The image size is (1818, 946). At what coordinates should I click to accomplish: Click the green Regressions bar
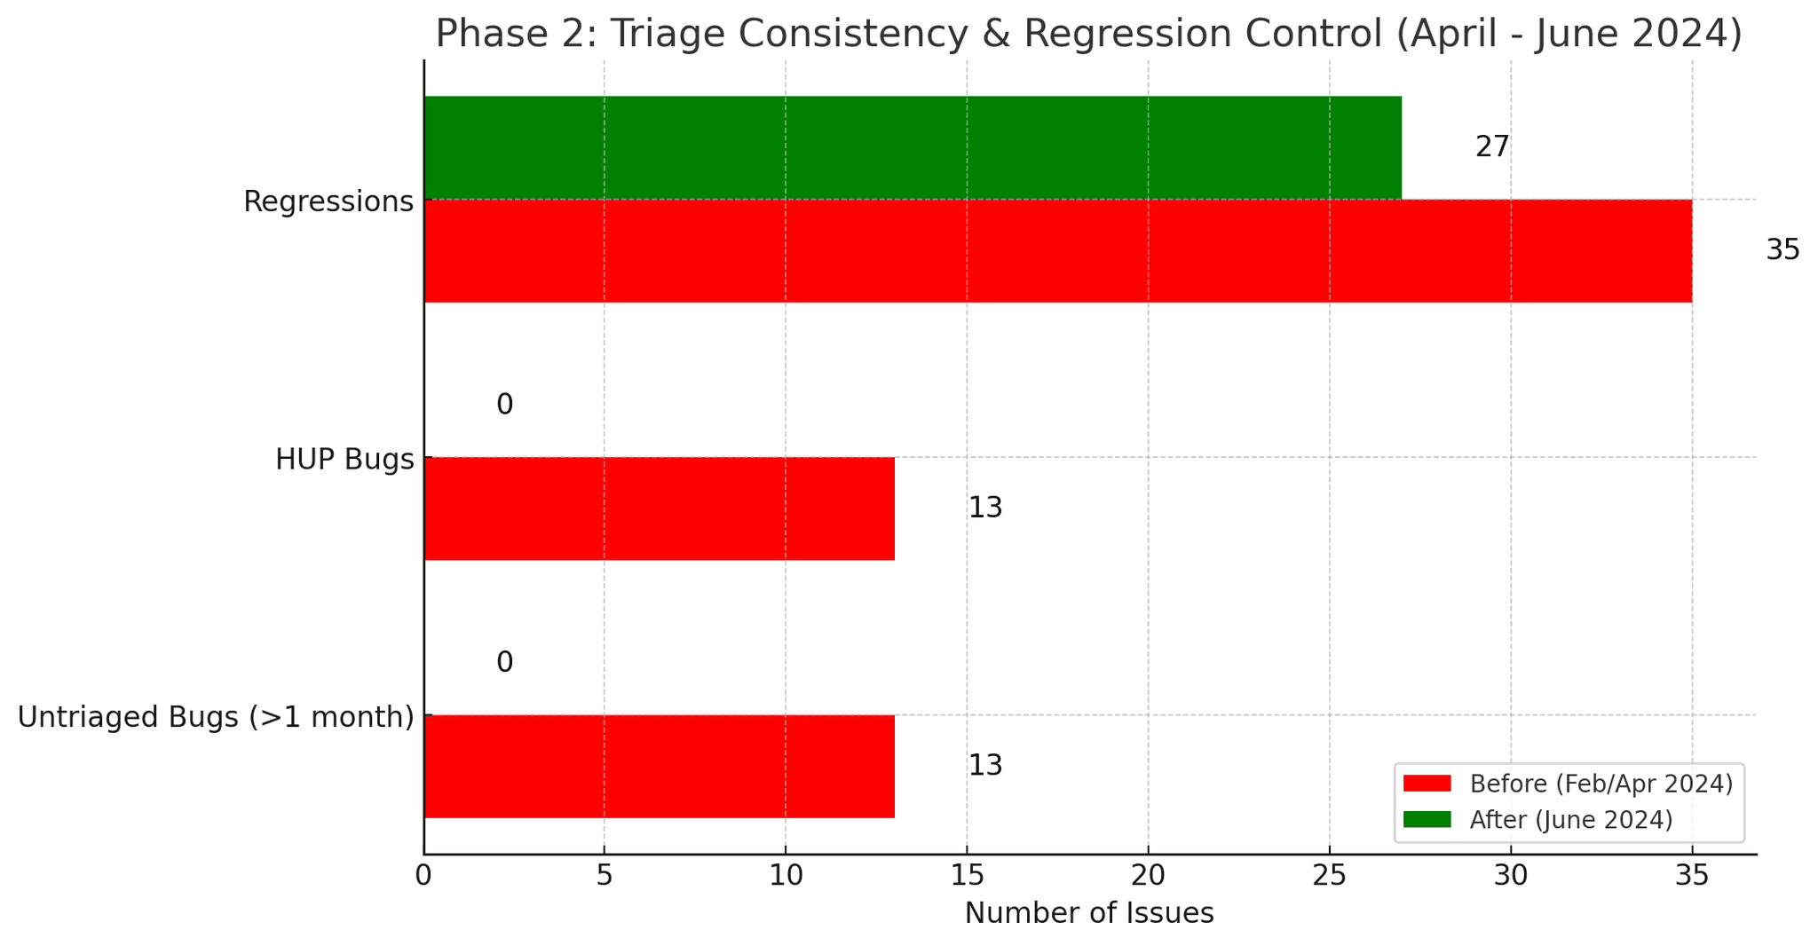pos(912,147)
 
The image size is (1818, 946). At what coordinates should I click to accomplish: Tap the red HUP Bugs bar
pos(659,508)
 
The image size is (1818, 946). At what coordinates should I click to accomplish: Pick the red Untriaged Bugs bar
pos(659,766)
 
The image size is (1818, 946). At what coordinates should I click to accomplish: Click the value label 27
pos(1491,147)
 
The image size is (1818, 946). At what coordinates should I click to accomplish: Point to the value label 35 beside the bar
pos(1782,251)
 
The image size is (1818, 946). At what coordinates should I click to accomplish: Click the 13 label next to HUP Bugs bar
pos(984,508)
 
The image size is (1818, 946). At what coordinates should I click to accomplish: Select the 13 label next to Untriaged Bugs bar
pos(984,766)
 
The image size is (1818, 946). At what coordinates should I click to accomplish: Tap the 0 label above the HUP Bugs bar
pos(504,406)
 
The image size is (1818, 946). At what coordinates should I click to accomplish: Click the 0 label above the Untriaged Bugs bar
pos(504,663)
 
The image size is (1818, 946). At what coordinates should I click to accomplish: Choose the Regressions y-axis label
pos(328,201)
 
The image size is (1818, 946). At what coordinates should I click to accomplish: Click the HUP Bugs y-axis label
pos(344,460)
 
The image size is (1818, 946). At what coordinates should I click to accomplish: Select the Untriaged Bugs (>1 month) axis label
pos(216,717)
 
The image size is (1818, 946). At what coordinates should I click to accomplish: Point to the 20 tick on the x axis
pos(1148,877)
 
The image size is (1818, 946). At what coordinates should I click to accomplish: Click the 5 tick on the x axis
pos(604,877)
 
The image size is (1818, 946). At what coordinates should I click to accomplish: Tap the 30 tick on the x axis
pos(1510,877)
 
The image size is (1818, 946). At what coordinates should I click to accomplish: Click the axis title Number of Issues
pos(1088,913)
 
